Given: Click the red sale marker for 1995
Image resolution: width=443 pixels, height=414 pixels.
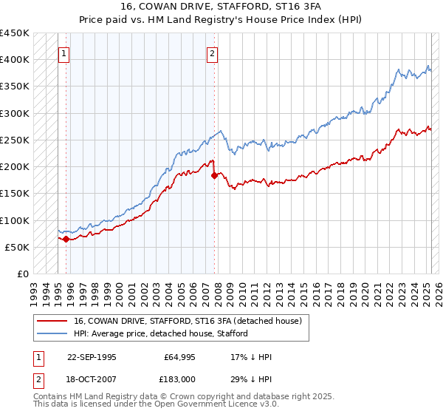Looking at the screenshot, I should (66, 239).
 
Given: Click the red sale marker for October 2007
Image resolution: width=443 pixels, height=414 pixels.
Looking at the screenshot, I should (214, 175).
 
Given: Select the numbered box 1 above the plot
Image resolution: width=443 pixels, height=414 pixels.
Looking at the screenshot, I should (64, 53).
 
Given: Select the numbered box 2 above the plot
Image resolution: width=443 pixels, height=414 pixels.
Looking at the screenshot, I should (212, 53).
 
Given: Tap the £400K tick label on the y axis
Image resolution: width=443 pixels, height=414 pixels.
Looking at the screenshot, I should (15, 60).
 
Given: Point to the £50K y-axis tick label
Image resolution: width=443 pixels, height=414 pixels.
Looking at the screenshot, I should (18, 247).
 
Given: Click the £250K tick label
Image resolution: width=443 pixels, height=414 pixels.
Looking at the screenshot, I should (15, 140).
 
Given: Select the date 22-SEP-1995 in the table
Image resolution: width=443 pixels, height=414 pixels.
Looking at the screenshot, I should (92, 357).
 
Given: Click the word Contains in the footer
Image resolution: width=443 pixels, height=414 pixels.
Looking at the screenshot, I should (51, 398).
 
